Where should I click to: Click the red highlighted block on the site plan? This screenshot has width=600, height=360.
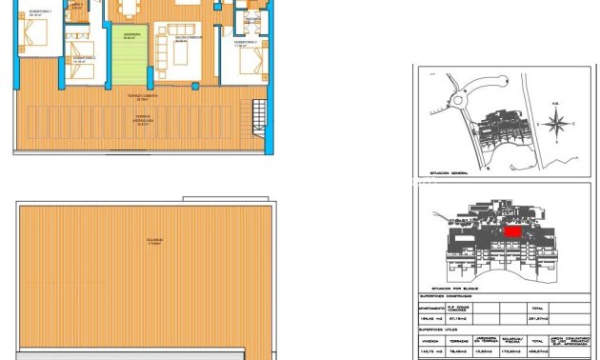pos(512,230)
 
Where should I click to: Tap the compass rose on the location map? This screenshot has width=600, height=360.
pos(561,123)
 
